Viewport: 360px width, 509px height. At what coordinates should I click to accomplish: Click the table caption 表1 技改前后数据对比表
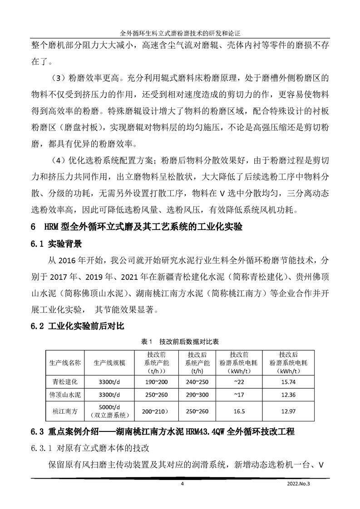click(180, 341)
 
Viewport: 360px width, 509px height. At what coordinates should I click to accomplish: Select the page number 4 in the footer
click(182, 484)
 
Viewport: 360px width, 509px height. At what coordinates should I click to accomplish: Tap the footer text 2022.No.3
click(301, 484)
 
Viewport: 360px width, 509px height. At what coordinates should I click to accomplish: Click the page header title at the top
click(180, 34)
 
